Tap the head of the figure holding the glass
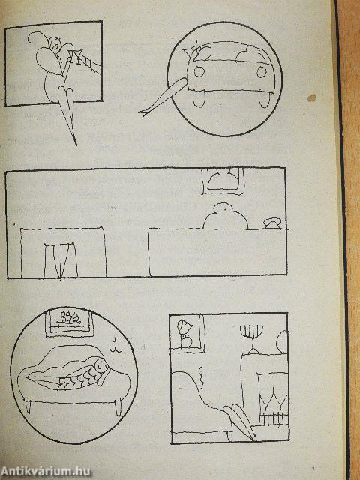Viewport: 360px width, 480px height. (x=55, y=43)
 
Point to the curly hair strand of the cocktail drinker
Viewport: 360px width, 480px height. (x=36, y=37)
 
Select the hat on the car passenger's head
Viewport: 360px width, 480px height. (x=191, y=49)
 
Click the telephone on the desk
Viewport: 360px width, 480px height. (x=272, y=223)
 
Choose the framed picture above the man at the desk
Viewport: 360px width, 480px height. (x=223, y=181)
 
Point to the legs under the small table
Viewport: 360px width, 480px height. (x=61, y=260)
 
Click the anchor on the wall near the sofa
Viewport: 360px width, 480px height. (x=115, y=345)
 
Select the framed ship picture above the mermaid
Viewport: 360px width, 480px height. (x=69, y=323)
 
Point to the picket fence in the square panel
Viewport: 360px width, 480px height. (x=273, y=418)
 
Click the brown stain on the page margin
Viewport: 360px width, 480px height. (x=312, y=97)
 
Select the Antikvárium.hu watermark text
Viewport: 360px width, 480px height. (x=46, y=472)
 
